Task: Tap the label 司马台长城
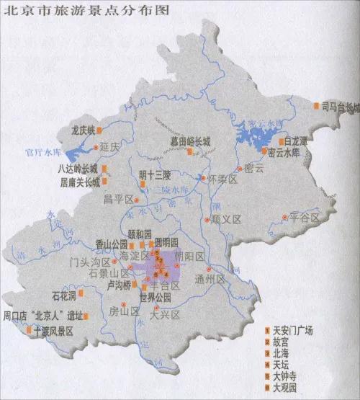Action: click(x=340, y=107)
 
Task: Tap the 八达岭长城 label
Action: click(x=78, y=169)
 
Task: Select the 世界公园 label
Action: click(x=156, y=297)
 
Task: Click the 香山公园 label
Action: click(x=110, y=244)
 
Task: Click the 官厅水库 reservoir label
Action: click(x=40, y=153)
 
